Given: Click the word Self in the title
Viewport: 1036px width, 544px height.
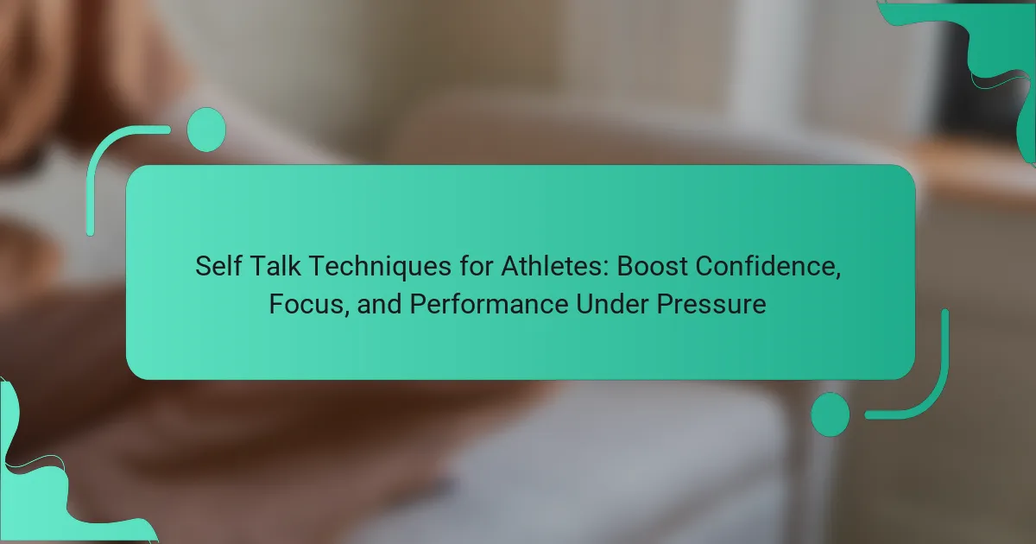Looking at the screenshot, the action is tap(218, 266).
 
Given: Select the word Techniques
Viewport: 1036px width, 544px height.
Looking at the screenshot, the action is tap(380, 267).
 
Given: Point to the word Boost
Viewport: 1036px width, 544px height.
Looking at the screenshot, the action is tap(652, 266).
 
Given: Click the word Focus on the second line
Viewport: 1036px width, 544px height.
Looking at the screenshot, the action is tap(306, 304).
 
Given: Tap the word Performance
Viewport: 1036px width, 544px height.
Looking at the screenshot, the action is tap(489, 304).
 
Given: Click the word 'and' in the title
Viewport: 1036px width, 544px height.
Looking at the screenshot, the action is tap(379, 304).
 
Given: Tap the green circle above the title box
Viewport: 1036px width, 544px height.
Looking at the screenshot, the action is tap(206, 130).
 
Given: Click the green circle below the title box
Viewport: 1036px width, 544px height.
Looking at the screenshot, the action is tap(831, 414).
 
